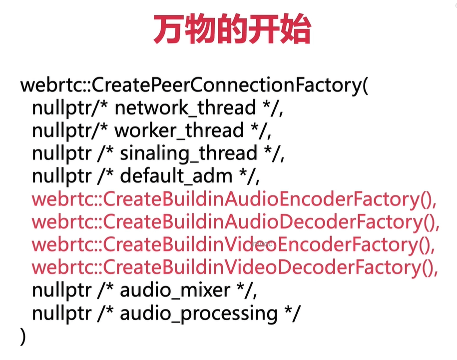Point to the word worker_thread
click(x=179, y=131)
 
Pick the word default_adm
click(x=176, y=176)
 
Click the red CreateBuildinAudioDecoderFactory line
click(x=235, y=222)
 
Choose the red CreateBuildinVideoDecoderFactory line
click(x=235, y=268)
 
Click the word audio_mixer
click(x=175, y=291)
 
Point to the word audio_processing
click(x=198, y=314)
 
